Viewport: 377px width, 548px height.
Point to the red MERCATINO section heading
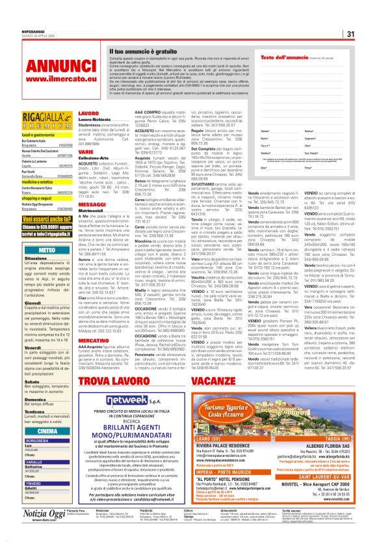point(93,339)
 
